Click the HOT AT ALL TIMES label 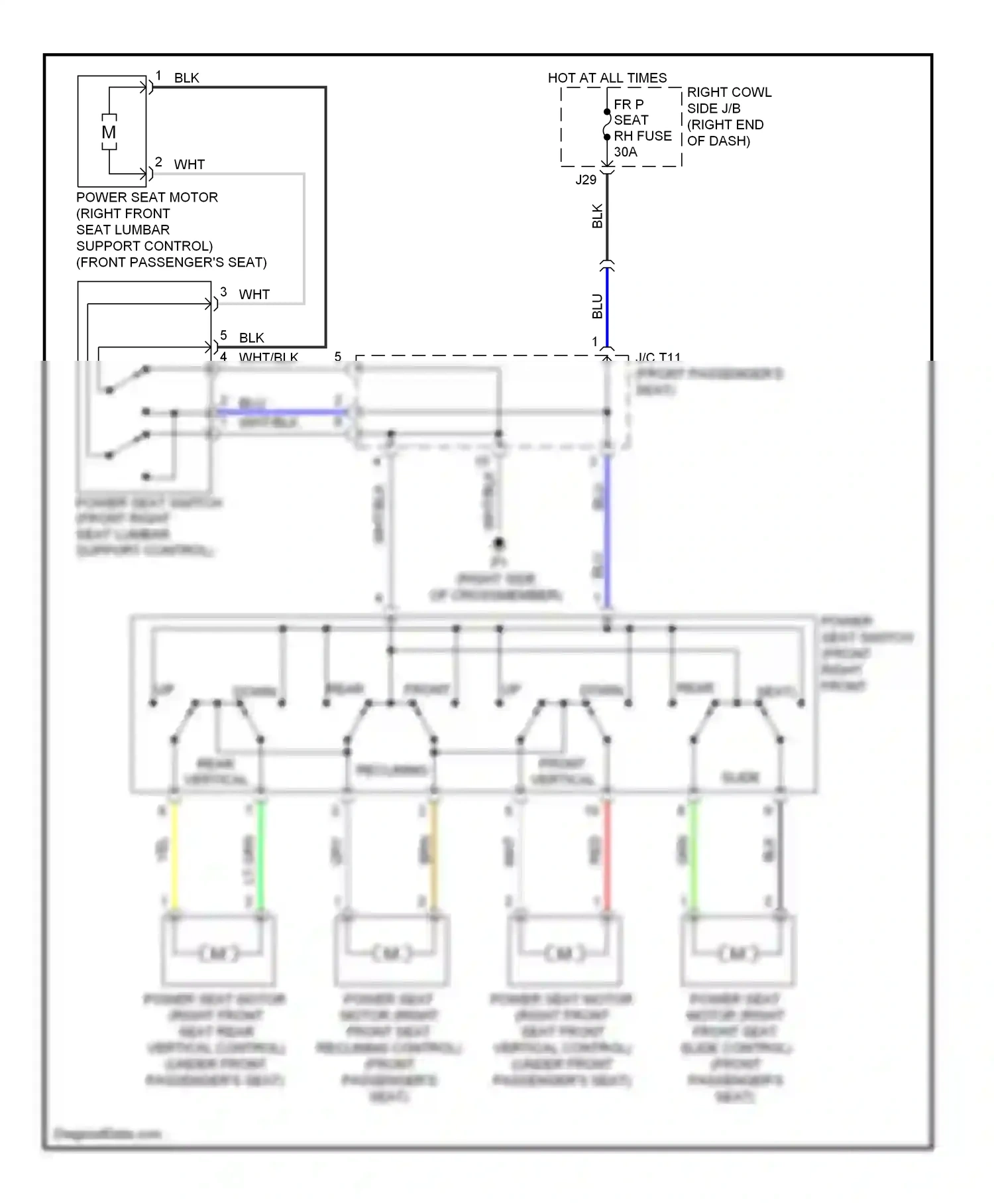607,78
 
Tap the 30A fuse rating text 626,152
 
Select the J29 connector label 586,180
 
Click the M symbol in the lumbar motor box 109,132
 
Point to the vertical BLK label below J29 598,216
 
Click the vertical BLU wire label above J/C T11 598,306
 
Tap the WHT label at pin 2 189,164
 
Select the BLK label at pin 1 186,78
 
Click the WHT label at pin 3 254,294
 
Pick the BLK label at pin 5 251,338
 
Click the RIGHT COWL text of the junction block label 729,92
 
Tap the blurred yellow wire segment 174,855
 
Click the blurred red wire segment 606,855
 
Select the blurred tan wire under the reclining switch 434,855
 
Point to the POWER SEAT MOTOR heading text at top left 147,198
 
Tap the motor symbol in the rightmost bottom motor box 736,954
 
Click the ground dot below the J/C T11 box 499,543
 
